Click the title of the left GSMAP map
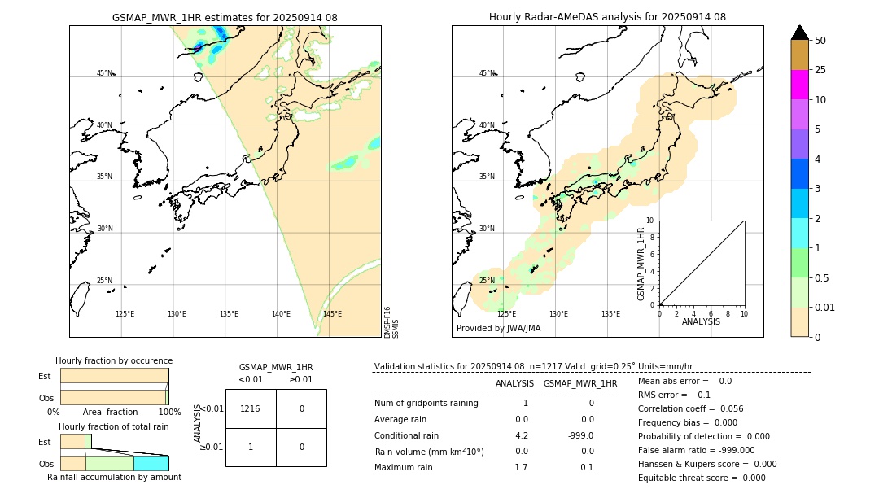pyautogui.click(x=225, y=17)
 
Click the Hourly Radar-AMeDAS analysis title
pyautogui.click(x=607, y=17)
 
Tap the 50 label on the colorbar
pyautogui.click(x=820, y=41)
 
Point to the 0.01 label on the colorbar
pyautogui.click(x=825, y=307)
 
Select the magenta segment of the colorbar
pyautogui.click(x=799, y=85)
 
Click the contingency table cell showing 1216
pyautogui.click(x=251, y=408)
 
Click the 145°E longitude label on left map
pyautogui.click(x=332, y=314)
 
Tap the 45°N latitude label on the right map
pyautogui.click(x=487, y=73)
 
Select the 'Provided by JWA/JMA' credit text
pyautogui.click(x=498, y=329)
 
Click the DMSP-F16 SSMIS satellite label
pyautogui.click(x=391, y=322)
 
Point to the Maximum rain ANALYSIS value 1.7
pyautogui.click(x=521, y=467)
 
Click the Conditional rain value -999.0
pyautogui.click(x=580, y=435)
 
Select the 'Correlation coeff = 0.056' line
pyautogui.click(x=690, y=409)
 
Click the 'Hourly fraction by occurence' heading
pyautogui.click(x=114, y=360)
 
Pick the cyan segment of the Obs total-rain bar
pyautogui.click(x=151, y=463)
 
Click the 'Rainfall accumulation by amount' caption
pyautogui.click(x=114, y=478)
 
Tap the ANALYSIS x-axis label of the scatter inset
pyautogui.click(x=701, y=321)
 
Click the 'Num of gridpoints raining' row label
pyautogui.click(x=426, y=404)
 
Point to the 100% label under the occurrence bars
pyautogui.click(x=169, y=413)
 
